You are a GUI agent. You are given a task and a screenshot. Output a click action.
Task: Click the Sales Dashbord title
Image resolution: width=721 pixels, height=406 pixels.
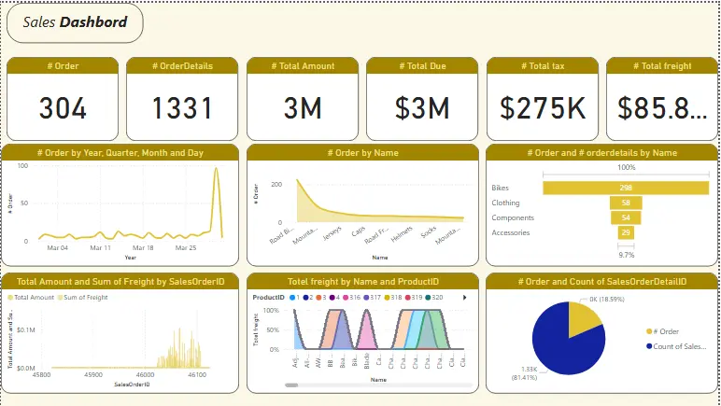tap(75, 22)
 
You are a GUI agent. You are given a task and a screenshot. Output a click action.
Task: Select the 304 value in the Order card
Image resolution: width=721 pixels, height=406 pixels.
tap(63, 108)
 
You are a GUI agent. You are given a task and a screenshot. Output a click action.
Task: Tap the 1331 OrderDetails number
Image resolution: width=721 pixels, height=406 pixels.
tap(182, 108)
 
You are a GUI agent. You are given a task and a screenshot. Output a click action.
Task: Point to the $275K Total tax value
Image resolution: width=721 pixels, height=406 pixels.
tap(543, 108)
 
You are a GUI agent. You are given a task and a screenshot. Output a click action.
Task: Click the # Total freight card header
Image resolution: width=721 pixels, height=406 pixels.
tap(662, 65)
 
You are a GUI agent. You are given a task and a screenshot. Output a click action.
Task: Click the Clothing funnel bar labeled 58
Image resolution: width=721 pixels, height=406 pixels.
tap(626, 203)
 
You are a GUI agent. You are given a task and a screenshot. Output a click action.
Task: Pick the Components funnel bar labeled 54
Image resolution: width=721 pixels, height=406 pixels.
tap(626, 217)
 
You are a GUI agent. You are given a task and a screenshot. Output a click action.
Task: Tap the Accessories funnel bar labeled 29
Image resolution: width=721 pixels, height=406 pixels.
tap(626, 232)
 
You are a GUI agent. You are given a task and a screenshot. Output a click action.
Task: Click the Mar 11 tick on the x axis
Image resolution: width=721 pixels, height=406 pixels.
tap(101, 248)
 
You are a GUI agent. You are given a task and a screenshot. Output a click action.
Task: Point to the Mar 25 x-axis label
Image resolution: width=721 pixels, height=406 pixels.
tap(186, 248)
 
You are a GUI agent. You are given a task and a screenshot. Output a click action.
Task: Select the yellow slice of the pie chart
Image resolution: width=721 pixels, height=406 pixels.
tap(584, 319)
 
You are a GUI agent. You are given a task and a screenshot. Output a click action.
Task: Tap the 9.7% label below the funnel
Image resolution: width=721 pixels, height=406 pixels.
tap(626, 254)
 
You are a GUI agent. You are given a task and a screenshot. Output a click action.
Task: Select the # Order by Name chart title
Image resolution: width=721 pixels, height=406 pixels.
tap(362, 152)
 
